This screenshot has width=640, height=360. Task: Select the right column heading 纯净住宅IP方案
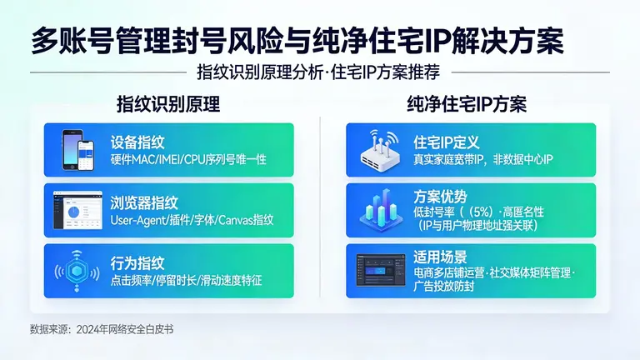point(466,104)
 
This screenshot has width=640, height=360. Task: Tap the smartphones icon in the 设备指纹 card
point(77,149)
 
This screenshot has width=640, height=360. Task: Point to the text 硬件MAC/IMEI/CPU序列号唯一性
point(188,158)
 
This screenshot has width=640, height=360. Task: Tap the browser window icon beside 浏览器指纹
point(77,210)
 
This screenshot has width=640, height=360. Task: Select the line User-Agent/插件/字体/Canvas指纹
point(192,220)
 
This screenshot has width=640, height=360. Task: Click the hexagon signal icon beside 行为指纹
point(77,271)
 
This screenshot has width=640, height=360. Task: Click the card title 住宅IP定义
point(447,142)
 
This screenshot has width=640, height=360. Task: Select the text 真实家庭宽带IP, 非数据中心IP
point(483,158)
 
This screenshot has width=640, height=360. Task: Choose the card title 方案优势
point(440,197)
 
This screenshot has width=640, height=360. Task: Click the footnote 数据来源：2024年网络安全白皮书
point(102,329)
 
